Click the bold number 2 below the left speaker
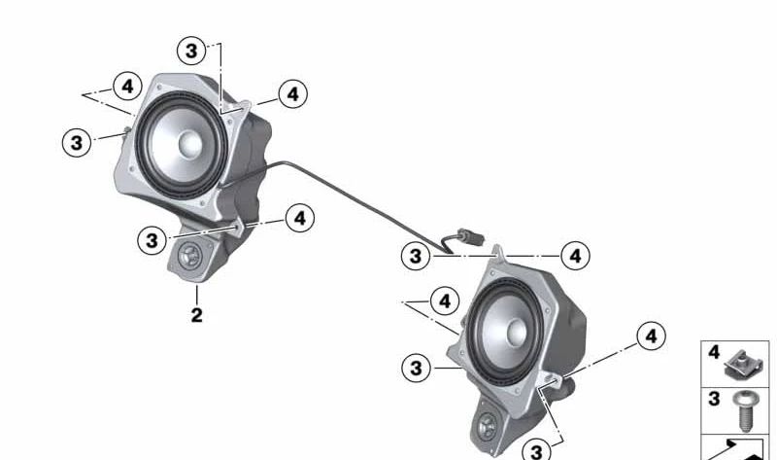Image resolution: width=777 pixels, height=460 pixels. click(x=196, y=315)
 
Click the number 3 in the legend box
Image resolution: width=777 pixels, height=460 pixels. click(x=713, y=399)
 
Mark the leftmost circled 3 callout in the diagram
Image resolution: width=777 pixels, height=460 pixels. click(x=75, y=142)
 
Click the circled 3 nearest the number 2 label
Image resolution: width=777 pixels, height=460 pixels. click(x=152, y=239)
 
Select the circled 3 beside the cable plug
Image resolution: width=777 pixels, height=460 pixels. click(x=416, y=256)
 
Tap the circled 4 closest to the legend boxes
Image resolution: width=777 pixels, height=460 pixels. click(x=651, y=336)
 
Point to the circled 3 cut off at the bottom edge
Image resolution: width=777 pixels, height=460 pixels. click(x=535, y=451)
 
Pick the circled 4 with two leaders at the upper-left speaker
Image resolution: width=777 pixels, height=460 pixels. click(x=126, y=86)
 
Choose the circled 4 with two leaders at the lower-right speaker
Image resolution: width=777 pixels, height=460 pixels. click(x=444, y=301)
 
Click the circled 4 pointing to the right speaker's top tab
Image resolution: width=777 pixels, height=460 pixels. click(x=575, y=256)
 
